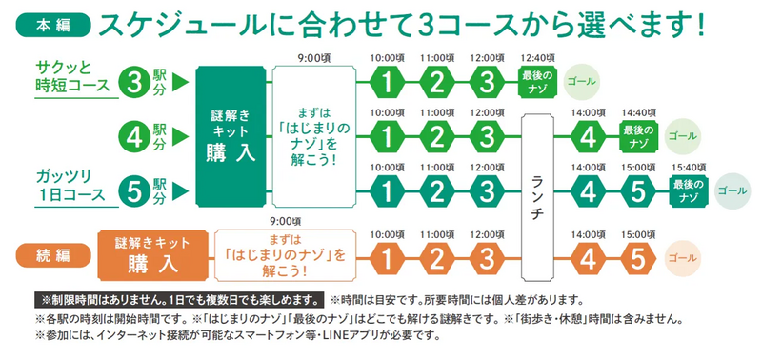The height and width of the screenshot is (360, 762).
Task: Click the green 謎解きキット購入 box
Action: [x=232, y=135]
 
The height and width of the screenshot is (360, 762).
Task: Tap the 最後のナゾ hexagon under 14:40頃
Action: [x=638, y=136]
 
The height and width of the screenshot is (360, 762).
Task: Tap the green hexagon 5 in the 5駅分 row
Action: [x=636, y=190]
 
